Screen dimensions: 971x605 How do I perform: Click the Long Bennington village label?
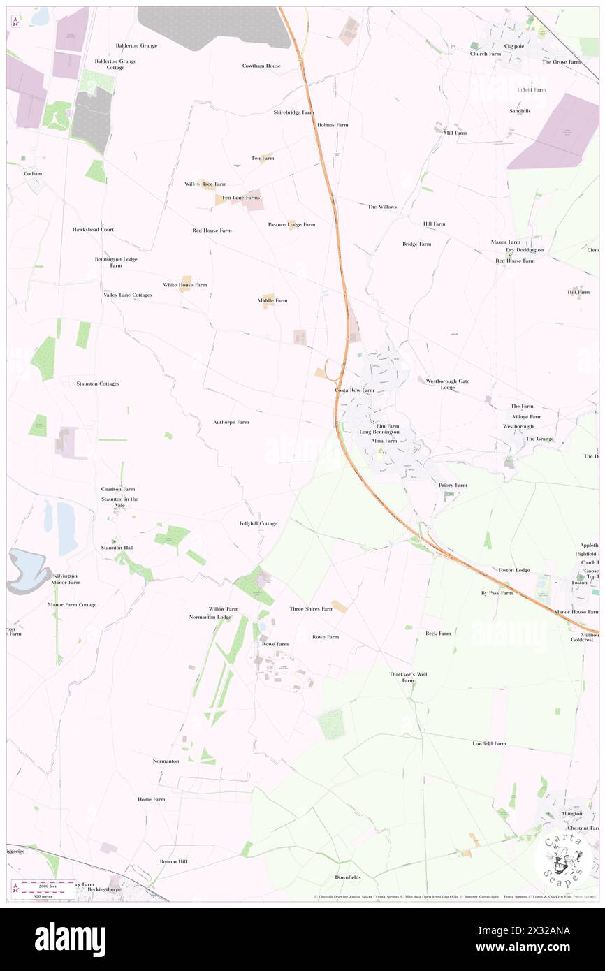379,432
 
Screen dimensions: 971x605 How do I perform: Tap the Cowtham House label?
261,66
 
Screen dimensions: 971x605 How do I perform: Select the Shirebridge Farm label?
293,112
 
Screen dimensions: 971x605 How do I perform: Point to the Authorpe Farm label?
231,422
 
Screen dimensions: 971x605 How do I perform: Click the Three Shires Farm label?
311,609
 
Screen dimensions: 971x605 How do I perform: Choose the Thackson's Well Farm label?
408,677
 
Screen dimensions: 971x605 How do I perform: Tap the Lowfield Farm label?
489,743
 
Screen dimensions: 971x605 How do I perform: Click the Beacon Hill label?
173,861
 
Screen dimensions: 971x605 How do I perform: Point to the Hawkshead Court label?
92,229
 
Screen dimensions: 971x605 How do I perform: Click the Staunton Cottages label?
98,384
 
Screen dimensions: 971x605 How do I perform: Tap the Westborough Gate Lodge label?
448,384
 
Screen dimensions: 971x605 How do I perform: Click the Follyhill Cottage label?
258,523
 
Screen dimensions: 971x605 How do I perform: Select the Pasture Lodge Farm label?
291,224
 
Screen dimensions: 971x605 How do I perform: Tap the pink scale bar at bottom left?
44,883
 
